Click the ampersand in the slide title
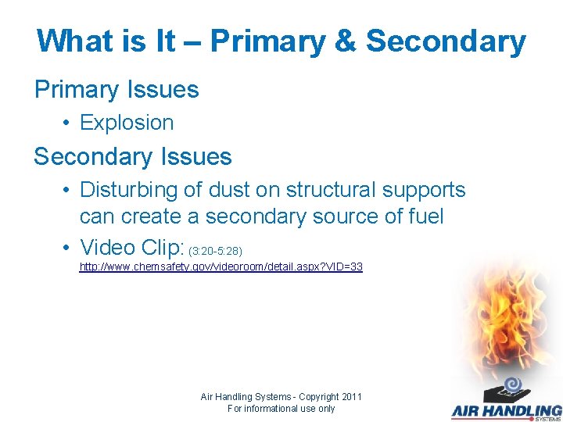(x=343, y=41)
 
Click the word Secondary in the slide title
(x=446, y=41)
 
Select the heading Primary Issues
(x=117, y=89)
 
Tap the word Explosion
(x=127, y=123)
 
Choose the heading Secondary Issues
(x=133, y=156)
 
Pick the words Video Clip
(x=131, y=247)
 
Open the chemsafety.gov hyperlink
(x=221, y=267)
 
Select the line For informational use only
(x=281, y=409)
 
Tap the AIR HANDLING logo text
(x=506, y=409)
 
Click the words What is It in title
(x=106, y=41)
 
